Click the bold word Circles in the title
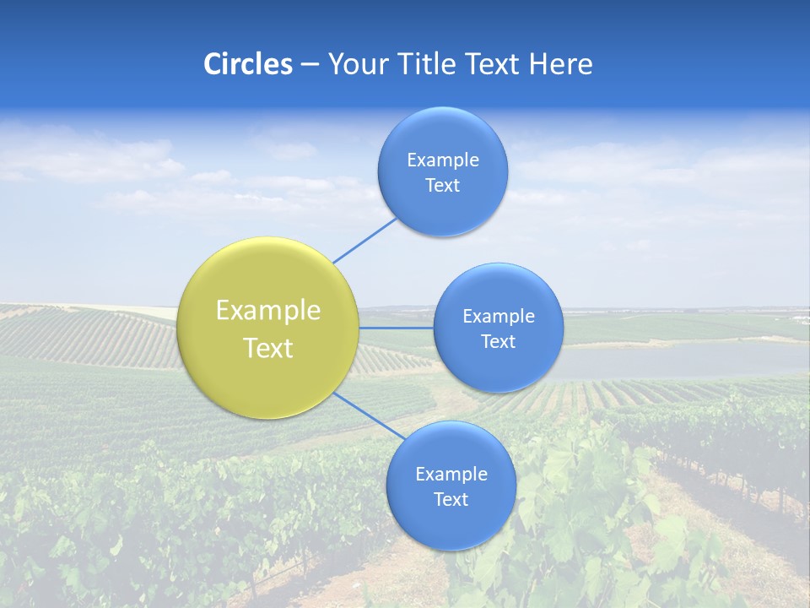pyautogui.click(x=248, y=64)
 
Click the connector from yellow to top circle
pyautogui.click(x=364, y=240)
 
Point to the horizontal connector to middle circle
pyautogui.click(x=396, y=327)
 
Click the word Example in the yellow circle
pyautogui.click(x=268, y=311)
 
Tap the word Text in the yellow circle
pyautogui.click(x=268, y=348)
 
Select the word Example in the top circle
pyautogui.click(x=442, y=160)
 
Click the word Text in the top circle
pyautogui.click(x=442, y=186)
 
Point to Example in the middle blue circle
pyautogui.click(x=499, y=317)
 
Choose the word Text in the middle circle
pyautogui.click(x=499, y=342)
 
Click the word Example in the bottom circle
pyautogui.click(x=451, y=475)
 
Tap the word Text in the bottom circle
pyautogui.click(x=451, y=500)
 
